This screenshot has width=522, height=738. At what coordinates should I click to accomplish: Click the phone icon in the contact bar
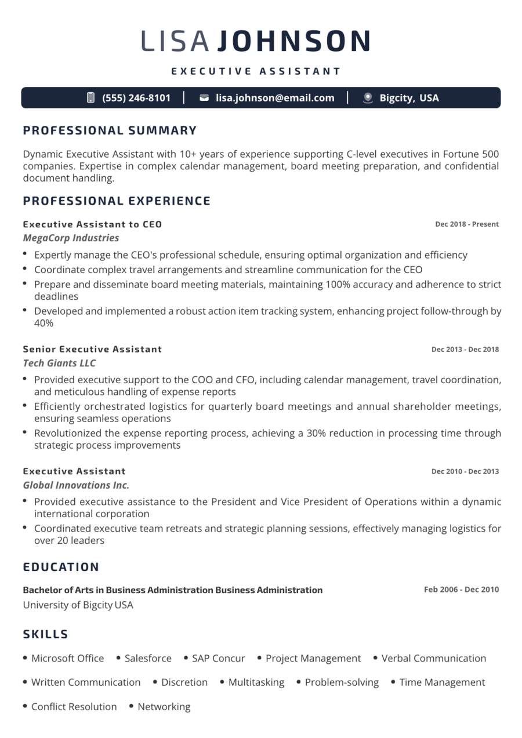[90, 98]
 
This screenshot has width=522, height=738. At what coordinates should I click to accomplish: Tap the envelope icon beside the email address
[204, 98]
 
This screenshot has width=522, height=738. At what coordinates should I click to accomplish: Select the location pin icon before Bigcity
[368, 98]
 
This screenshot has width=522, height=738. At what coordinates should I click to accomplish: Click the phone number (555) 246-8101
[136, 98]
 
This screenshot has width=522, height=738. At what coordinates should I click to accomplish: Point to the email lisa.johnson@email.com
[275, 98]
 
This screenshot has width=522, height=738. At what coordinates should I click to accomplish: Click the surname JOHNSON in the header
[294, 41]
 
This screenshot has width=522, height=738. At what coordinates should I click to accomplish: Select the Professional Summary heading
[110, 130]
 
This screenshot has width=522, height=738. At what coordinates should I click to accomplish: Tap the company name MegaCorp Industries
[71, 238]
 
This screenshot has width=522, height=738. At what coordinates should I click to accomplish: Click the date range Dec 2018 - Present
[467, 224]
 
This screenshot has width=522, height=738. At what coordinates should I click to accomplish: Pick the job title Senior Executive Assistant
[92, 349]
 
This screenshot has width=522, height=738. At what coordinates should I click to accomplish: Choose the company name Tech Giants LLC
[59, 363]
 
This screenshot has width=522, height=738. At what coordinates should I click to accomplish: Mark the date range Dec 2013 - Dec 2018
[465, 350]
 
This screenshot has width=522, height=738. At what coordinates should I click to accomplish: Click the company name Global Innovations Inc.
[76, 485]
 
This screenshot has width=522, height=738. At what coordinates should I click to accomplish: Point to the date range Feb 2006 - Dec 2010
[461, 590]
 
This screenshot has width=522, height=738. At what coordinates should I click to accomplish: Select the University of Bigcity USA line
[78, 605]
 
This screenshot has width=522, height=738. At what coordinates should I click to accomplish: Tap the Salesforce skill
[148, 659]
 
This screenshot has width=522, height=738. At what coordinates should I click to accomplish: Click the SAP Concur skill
[218, 659]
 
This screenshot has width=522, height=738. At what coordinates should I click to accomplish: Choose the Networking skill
[164, 707]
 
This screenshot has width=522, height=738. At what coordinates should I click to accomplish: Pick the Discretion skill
[184, 682]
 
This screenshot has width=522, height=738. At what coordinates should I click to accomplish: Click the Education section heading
[61, 567]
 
